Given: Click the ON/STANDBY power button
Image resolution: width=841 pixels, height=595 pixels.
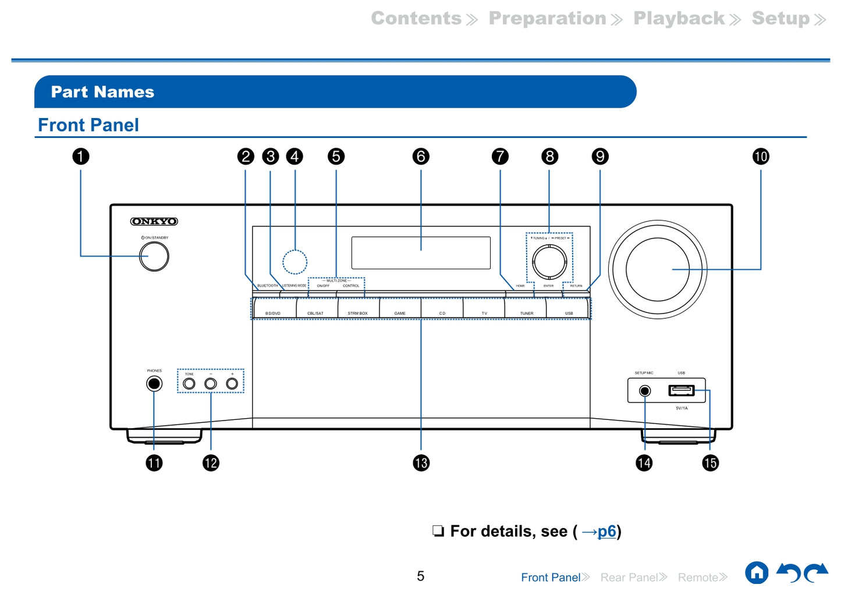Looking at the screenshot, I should tap(154, 256).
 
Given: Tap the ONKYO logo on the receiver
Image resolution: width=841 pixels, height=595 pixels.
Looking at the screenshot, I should tap(154, 222).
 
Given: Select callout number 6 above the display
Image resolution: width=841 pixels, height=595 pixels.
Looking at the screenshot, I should tap(421, 156).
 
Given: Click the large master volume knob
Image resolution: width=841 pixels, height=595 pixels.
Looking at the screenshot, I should tap(658, 269).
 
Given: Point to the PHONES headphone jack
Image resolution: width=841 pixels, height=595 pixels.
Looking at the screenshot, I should tap(154, 384).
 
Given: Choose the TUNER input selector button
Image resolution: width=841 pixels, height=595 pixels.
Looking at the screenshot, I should tap(526, 308).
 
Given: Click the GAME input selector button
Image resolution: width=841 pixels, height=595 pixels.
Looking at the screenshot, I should tap(400, 308).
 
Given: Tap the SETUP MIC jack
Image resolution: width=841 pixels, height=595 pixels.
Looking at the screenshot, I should tap(645, 391).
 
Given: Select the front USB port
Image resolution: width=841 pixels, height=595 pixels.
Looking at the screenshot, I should tap(681, 390).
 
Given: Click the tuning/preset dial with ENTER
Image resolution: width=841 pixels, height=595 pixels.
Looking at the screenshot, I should tap(549, 261).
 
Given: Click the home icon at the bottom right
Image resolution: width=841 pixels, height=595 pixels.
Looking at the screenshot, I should tap(757, 573).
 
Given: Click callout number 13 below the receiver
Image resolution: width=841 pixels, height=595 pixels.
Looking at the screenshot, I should tap(421, 463).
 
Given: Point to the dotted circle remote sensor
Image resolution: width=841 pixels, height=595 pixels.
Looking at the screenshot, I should tap(294, 262).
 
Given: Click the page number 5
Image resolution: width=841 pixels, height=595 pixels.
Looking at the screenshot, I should tap(420, 576).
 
